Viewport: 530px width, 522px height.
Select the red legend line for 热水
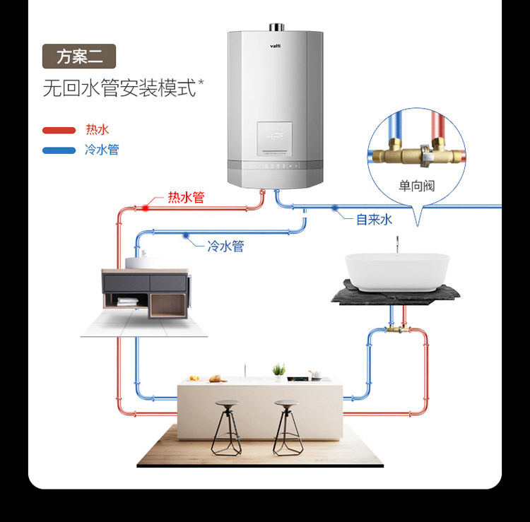[x=59, y=130]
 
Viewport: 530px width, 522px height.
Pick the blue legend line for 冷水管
[x=59, y=150]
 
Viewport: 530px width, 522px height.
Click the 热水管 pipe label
[x=186, y=198]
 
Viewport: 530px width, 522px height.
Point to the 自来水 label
[x=373, y=220]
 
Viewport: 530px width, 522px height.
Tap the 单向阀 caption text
[x=416, y=186]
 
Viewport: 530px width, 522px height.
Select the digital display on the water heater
[x=275, y=135]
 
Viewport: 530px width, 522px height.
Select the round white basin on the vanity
[x=144, y=262]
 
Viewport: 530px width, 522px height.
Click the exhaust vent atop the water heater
[x=276, y=28]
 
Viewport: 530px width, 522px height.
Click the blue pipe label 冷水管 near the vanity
[x=225, y=247]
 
